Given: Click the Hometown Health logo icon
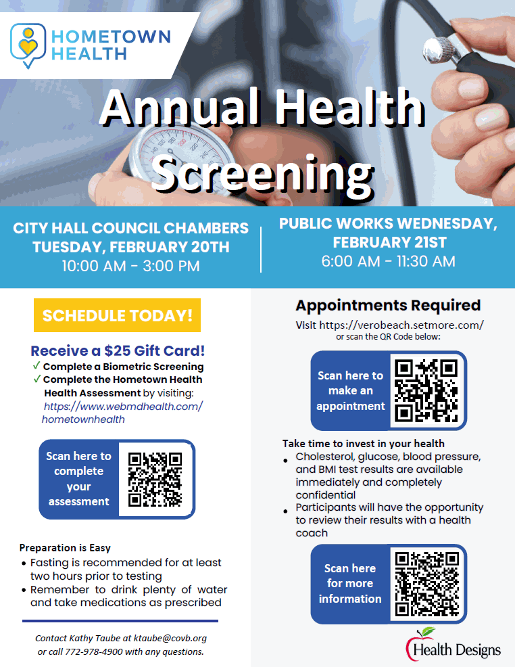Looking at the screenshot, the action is tap(28, 45).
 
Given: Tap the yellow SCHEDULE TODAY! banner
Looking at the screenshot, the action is tap(118, 315).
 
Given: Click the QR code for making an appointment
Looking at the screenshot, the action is tap(426, 390).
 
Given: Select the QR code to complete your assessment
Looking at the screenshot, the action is tap(155, 480).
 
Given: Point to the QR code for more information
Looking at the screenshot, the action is tap(427, 584).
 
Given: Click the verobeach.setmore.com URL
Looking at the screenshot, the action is tap(401, 325).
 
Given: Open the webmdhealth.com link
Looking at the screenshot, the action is tap(122, 413).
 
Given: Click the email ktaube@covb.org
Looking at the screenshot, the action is tap(170, 638).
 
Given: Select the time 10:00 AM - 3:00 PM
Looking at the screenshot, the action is tap(131, 266).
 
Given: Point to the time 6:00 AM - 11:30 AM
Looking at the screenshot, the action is tap(389, 261).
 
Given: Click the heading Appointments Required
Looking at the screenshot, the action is tap(389, 305).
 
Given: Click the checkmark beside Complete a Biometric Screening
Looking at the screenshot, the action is tap(36, 365).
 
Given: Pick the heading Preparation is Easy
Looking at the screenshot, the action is tap(65, 547).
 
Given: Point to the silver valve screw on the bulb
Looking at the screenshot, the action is tap(444, 51).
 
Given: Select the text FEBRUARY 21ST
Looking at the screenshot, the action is tap(390, 242).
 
